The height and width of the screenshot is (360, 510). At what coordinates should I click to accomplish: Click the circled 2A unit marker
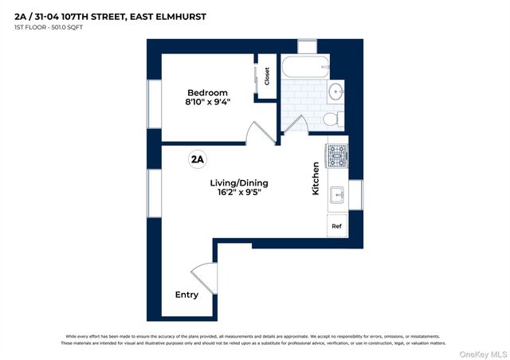pos(197,158)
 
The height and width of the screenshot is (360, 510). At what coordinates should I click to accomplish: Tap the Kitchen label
pos(316,178)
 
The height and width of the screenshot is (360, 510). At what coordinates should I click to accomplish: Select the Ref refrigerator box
pos(337,225)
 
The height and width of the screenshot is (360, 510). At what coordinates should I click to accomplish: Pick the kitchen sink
pos(337,194)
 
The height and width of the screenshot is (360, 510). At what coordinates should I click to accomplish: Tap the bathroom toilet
pos(332,119)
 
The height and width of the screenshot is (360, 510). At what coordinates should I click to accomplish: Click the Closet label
pos(267,76)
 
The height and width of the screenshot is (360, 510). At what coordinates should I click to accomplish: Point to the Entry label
pos(186,295)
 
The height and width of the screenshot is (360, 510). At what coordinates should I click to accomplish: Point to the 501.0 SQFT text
pos(65,28)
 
